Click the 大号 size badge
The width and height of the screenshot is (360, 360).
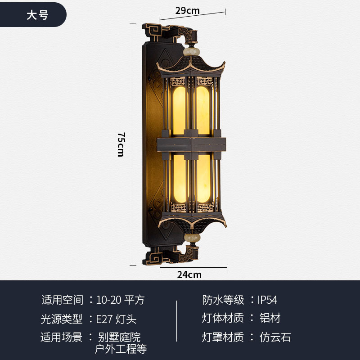37,15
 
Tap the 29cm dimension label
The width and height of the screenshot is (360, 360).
187,10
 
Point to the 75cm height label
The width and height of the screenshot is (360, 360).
121,144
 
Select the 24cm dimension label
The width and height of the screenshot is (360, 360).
189,274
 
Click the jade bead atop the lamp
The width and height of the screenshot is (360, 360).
193,46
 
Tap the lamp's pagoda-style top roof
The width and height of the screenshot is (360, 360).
191,65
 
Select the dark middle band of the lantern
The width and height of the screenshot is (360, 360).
191,144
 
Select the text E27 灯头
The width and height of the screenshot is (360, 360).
116,319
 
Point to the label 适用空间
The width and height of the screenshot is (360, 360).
62,300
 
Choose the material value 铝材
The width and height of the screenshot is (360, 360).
270,318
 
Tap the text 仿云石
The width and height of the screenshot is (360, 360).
275,337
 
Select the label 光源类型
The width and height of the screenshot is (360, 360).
62,319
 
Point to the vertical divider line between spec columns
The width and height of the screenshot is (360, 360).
176,320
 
